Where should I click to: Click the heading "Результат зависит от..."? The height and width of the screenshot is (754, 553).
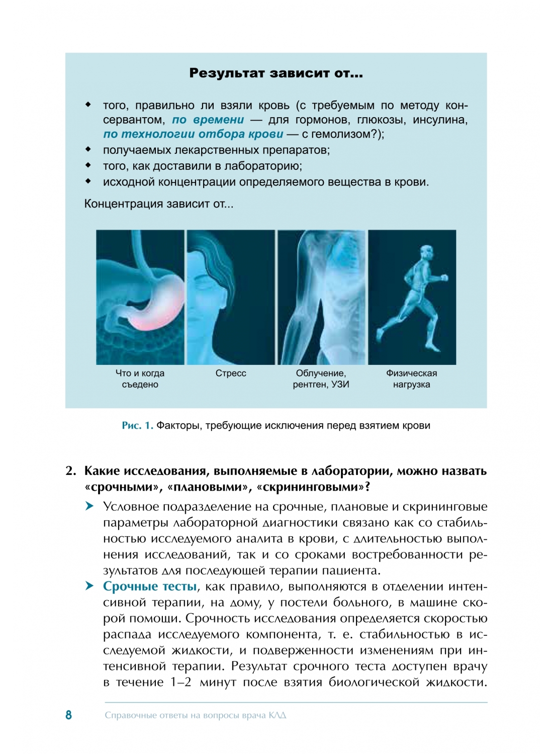(275, 73)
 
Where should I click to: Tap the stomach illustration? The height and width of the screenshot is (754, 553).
(140, 297)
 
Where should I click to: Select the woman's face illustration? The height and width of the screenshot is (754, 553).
(230, 297)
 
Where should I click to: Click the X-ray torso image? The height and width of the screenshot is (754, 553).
(321, 297)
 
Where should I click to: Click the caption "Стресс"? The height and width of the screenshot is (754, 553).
(231, 373)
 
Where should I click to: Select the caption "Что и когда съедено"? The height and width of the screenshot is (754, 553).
(140, 379)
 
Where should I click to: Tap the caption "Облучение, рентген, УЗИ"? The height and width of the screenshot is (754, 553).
(321, 379)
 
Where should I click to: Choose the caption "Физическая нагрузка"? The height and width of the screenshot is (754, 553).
(411, 379)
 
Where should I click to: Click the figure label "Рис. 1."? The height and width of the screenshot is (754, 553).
(137, 426)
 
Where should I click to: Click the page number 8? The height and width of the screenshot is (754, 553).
(68, 715)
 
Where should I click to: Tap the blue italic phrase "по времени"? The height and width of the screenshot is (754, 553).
(208, 120)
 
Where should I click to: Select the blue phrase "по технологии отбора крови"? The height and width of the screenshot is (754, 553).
(193, 134)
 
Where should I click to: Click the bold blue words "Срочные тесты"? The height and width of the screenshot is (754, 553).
(150, 587)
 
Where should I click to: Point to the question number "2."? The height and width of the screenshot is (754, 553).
(71, 471)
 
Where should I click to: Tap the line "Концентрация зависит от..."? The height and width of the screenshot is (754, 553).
(158, 204)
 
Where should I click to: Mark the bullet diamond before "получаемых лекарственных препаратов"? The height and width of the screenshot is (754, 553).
(88, 149)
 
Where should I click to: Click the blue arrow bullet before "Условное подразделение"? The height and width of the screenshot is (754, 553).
(89, 506)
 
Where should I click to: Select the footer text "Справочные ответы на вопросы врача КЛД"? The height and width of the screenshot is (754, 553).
(195, 715)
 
